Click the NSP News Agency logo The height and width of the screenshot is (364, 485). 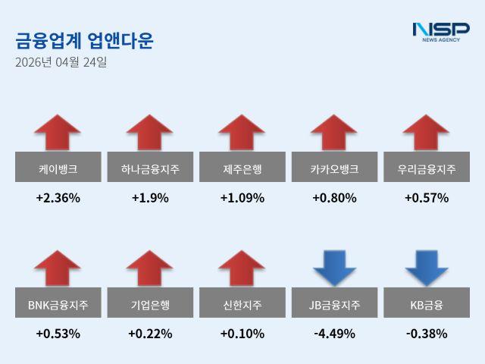pyautogui.click(x=440, y=32)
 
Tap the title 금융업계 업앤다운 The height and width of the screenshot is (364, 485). pyautogui.click(x=84, y=40)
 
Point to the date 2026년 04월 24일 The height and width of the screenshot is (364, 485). pyautogui.click(x=61, y=62)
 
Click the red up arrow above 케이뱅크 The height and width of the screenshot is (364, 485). pyautogui.click(x=58, y=133)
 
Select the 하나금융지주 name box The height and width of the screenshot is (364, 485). pyautogui.click(x=150, y=167)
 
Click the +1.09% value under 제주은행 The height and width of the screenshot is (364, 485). pyautogui.click(x=242, y=198)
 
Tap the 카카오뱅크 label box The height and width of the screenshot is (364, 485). pyautogui.click(x=334, y=167)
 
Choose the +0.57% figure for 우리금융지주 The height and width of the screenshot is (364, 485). pyautogui.click(x=426, y=198)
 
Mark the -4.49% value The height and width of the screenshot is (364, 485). pyautogui.click(x=334, y=333)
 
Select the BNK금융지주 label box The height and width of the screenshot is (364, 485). pyautogui.click(x=58, y=306)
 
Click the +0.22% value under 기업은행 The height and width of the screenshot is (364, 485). pyautogui.click(x=150, y=333)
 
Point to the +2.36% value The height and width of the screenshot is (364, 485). pyautogui.click(x=58, y=198)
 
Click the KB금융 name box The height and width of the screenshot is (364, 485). pyautogui.click(x=426, y=306)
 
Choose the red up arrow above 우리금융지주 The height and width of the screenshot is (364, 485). pyautogui.click(x=426, y=133)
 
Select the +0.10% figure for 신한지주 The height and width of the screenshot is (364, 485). pyautogui.click(x=242, y=333)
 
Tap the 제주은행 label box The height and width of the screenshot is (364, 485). pyautogui.click(x=242, y=167)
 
